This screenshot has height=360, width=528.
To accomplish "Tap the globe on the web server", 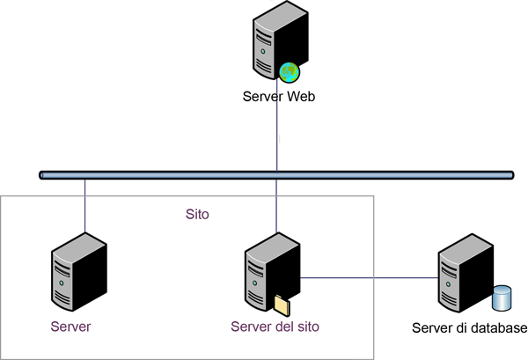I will [x=290, y=71].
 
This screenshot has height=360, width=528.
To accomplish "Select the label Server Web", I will [x=278, y=96].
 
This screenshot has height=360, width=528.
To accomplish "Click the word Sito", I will [x=198, y=214].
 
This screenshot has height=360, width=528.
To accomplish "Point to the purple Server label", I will [x=71, y=327].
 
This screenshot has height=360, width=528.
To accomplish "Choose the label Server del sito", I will [x=275, y=327].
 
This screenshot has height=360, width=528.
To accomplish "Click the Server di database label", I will [x=469, y=328].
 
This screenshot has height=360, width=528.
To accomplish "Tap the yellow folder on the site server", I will [x=282, y=305].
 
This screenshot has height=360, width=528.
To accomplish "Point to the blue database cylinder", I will [x=503, y=298].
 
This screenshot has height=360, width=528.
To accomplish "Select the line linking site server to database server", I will [x=370, y=278].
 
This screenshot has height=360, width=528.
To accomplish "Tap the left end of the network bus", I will [x=43, y=175].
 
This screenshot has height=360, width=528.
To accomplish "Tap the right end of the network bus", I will [x=510, y=175].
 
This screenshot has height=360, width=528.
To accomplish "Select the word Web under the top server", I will [x=299, y=96].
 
